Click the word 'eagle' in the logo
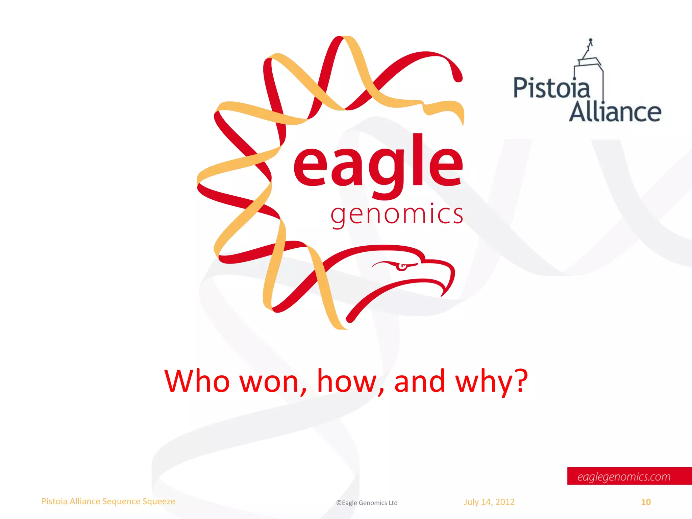coord(378,166)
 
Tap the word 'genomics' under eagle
coord(397,215)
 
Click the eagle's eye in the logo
coord(402,267)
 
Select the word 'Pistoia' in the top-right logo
coord(551,88)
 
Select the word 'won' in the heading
coord(269,382)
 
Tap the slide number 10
coord(646,502)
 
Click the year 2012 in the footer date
coord(505,502)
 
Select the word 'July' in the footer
coord(471,502)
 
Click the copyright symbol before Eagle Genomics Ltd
coord(339,503)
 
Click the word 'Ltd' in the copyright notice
coord(393,503)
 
